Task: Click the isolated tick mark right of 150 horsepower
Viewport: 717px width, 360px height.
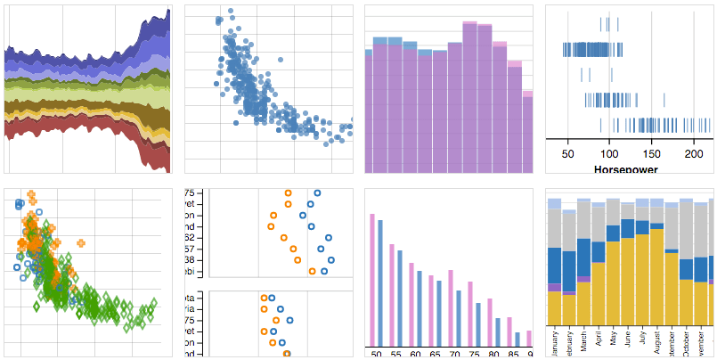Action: click(x=664, y=100)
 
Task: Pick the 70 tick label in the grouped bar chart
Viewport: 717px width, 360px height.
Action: click(x=452, y=353)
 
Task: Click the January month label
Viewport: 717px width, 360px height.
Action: click(x=554, y=343)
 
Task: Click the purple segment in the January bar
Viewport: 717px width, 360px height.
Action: click(x=554, y=287)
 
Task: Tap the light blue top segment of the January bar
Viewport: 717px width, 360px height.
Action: click(x=554, y=203)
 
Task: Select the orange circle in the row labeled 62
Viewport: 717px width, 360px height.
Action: click(x=283, y=237)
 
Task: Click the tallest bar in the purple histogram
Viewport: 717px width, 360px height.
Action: click(x=468, y=97)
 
